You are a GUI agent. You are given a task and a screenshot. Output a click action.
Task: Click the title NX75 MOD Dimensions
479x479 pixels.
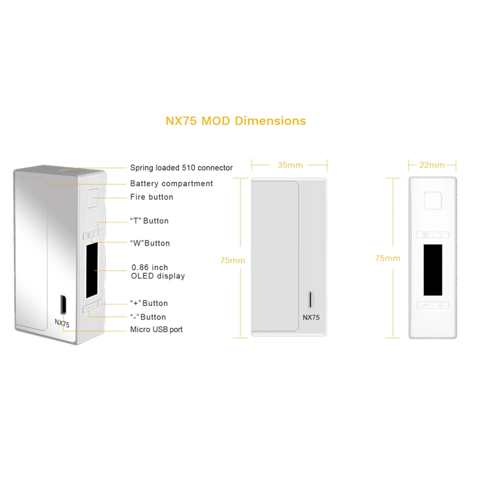235,121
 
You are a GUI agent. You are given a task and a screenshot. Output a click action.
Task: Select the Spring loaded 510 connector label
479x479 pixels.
181,168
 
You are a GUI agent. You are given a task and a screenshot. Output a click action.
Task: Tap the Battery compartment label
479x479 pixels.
171,184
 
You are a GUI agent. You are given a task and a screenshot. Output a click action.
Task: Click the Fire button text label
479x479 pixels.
151,197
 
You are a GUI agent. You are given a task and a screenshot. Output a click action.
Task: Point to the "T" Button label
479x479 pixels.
149,221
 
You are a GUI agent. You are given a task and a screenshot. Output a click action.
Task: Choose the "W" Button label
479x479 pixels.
150,243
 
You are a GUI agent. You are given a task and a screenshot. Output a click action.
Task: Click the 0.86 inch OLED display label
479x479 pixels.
157,272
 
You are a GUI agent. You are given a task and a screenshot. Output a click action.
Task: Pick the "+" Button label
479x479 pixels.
148,303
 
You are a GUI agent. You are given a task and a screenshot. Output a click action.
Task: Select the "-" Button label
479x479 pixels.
148,317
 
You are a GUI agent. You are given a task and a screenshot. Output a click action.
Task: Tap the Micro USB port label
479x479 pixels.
156,329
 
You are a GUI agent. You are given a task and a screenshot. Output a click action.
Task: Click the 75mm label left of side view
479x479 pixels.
233,260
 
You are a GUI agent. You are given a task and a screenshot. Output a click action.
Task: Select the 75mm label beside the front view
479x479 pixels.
387,258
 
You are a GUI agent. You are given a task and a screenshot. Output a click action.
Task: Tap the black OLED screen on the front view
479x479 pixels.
432,269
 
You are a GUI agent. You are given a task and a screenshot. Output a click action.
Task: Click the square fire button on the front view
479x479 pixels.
432,199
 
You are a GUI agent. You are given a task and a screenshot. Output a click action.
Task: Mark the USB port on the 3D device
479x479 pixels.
62,305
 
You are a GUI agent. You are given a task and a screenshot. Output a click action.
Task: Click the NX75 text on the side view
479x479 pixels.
311,318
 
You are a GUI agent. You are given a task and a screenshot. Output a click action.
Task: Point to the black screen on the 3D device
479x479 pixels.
92,271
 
